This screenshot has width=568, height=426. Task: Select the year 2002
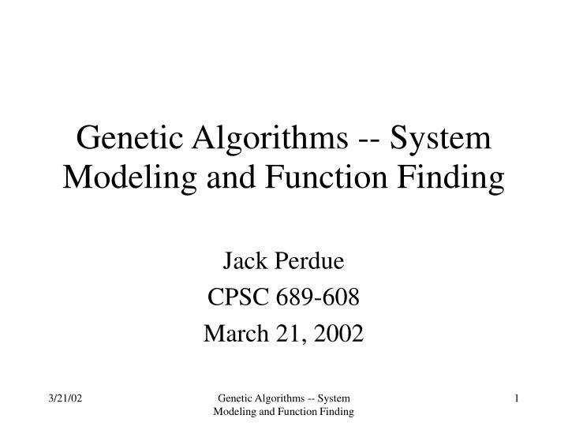[339, 334]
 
